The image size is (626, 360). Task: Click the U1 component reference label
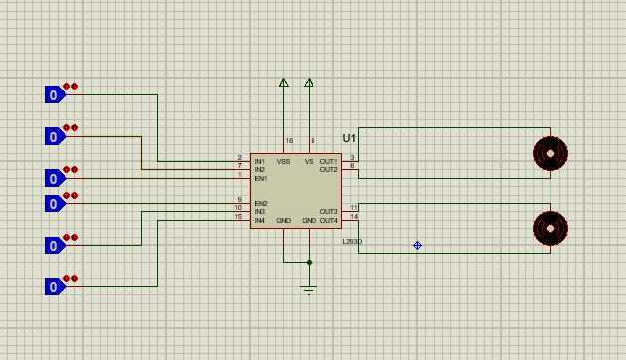coord(349,138)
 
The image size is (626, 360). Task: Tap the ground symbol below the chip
coord(309,289)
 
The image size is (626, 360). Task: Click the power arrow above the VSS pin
coord(284,84)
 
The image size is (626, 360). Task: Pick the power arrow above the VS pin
coord(309,84)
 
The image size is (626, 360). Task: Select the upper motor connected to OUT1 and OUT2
coord(549,153)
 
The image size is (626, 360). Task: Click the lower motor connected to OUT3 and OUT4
coord(549,228)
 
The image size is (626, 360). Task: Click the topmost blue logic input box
coord(54,95)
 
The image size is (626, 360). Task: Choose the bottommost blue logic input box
coord(54,287)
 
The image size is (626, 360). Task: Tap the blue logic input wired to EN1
coord(54,179)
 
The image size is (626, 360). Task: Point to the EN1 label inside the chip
coord(260,178)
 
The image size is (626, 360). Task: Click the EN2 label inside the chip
coord(260,203)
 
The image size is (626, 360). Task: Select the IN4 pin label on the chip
coord(259,219)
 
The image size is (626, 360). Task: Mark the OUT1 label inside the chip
coord(328,161)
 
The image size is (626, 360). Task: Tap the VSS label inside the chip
coord(284,161)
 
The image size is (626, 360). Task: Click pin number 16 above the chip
coord(289,140)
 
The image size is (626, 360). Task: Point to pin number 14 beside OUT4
coord(353,216)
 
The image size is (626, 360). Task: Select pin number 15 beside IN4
coord(238,216)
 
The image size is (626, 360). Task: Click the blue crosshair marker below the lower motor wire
coord(417,245)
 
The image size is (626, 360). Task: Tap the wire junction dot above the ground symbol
coord(309,263)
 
